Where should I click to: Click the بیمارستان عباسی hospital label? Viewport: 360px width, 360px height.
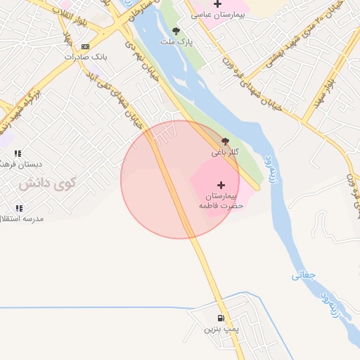point(219,14)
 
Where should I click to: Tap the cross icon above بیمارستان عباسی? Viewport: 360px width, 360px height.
point(218,4)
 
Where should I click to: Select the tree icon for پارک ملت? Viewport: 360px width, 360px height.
point(175,31)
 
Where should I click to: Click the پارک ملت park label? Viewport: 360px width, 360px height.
point(176,41)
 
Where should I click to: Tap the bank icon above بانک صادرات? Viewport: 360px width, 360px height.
point(86,46)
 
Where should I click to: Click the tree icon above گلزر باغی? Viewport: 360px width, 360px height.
point(225,141)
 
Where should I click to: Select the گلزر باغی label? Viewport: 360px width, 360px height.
point(225,152)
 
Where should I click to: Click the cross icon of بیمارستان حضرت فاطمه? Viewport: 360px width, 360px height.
point(221,184)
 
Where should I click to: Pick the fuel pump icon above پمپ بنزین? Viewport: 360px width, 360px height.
point(221,319)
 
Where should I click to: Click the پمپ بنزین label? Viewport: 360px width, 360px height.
point(221,328)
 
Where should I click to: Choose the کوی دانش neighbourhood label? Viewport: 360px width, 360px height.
point(46,184)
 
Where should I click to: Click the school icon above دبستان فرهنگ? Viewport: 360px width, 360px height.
point(18,153)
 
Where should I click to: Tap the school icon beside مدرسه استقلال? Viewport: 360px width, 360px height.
point(18,208)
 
